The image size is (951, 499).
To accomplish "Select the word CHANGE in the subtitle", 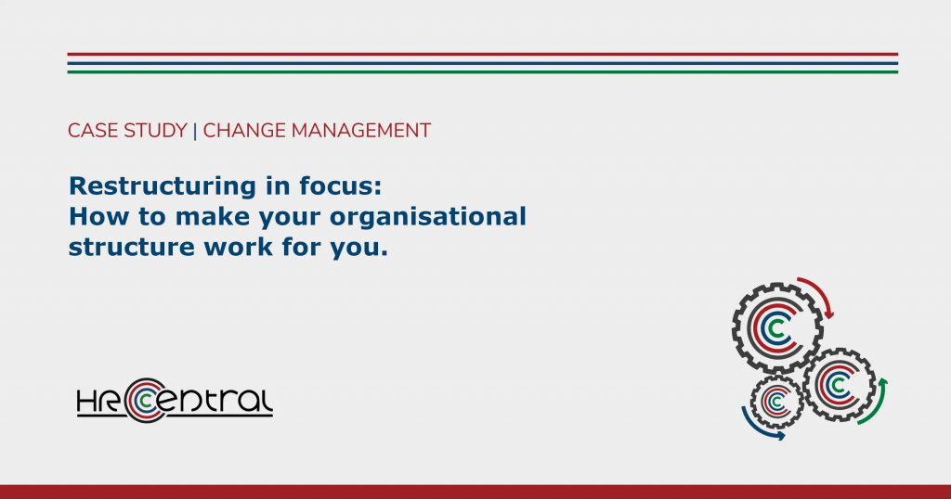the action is (244, 131).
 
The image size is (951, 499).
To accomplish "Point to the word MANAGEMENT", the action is (361, 131).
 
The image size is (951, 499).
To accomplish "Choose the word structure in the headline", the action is (132, 248).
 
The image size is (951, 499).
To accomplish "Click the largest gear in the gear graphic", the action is (777, 327).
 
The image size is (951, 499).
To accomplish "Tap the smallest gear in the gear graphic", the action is (776, 402).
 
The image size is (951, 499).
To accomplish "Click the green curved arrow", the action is (879, 404).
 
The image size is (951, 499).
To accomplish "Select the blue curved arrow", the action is (756, 428).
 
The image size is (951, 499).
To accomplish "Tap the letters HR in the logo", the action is (98, 401).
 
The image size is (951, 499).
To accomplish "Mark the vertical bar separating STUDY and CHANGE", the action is (195, 131).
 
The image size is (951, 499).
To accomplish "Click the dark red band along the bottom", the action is (475, 492).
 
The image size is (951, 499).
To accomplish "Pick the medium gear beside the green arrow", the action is (840, 385).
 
